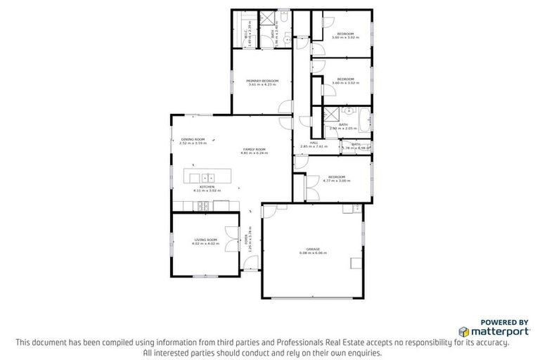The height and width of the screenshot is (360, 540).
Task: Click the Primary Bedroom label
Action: [x=262, y=81]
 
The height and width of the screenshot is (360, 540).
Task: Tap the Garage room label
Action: [x=313, y=249]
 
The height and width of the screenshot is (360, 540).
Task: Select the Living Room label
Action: [x=206, y=240]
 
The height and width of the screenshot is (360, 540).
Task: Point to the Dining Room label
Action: [x=193, y=139]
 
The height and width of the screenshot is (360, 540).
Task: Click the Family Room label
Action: [x=254, y=149]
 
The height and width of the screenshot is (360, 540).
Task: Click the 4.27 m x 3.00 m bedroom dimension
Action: [x=336, y=181]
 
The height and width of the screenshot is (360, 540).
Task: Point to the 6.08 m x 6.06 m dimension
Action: [x=313, y=253]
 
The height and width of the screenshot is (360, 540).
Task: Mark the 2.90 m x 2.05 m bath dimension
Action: [x=343, y=129]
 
